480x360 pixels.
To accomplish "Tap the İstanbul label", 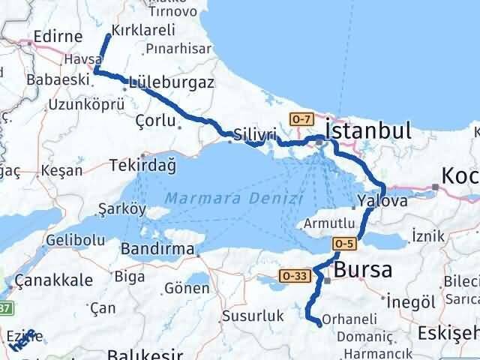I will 369,131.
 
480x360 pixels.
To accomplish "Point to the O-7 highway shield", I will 301,118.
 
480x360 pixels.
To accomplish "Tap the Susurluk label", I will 251,317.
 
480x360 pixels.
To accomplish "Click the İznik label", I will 428,236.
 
